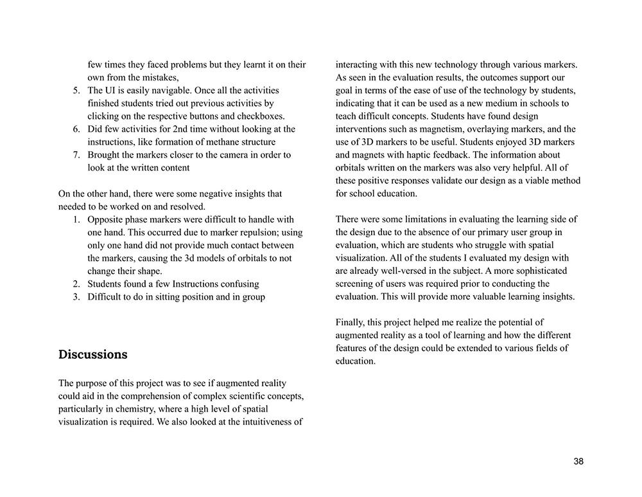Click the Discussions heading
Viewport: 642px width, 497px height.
(x=92, y=355)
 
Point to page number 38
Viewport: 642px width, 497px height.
(x=578, y=462)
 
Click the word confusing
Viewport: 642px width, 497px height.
(x=237, y=284)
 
